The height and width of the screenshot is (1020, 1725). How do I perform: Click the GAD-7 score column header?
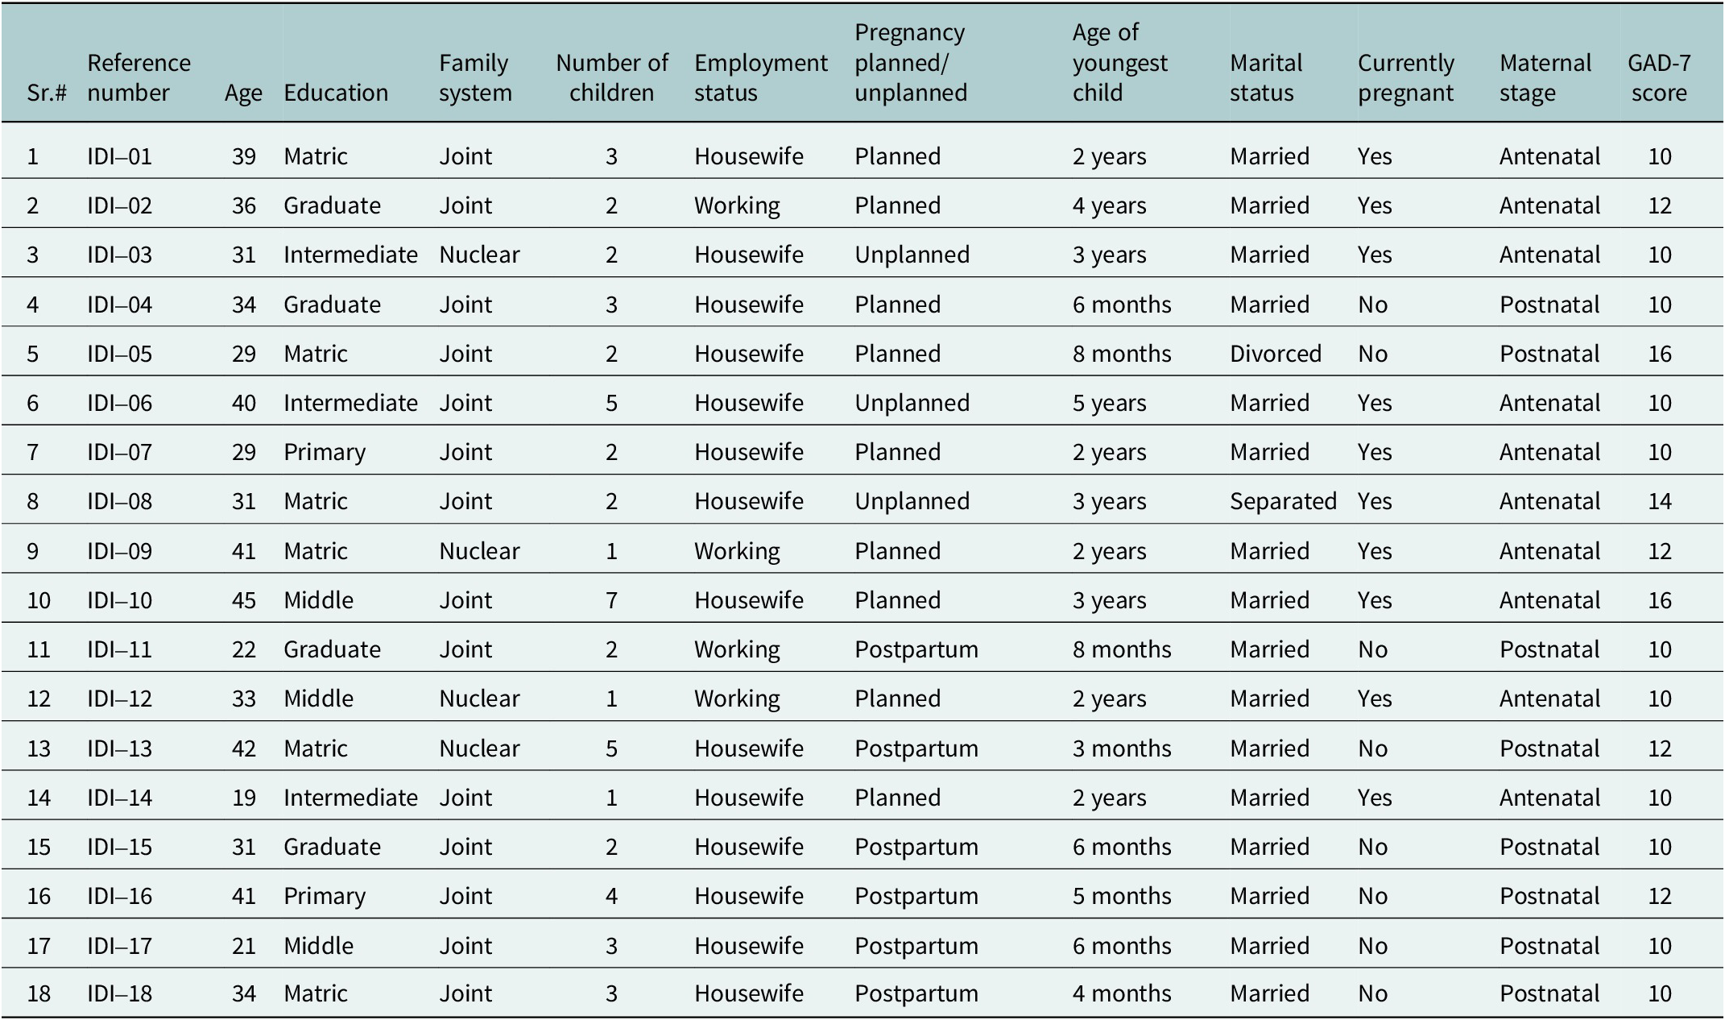(x=1659, y=77)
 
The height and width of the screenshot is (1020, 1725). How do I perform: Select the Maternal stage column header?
(x=1545, y=77)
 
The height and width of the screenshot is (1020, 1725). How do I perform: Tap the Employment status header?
(x=761, y=77)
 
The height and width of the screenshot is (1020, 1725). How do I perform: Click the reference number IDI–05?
(x=119, y=354)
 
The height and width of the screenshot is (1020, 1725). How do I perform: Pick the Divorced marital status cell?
(x=1276, y=354)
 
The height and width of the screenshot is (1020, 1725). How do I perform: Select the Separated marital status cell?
(x=1283, y=501)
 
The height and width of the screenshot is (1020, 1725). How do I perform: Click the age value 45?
(x=244, y=600)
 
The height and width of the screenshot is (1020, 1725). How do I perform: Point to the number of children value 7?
(x=611, y=600)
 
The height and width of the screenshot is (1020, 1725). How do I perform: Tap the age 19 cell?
(x=244, y=798)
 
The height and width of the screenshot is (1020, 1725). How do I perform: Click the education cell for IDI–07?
(x=325, y=452)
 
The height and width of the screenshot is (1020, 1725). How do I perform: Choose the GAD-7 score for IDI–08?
(x=1660, y=501)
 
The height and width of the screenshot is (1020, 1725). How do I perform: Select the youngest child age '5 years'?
(x=1109, y=403)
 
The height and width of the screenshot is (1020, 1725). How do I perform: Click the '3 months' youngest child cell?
(x=1122, y=748)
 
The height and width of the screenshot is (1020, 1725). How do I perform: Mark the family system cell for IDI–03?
(x=479, y=255)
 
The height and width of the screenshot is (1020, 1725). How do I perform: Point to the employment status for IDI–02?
(x=737, y=205)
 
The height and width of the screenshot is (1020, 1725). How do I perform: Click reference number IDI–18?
(x=119, y=993)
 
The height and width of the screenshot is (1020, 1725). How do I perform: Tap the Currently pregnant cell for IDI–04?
(x=1372, y=305)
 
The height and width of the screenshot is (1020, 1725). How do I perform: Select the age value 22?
(x=244, y=649)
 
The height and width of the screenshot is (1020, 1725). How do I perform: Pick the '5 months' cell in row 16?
(x=1122, y=896)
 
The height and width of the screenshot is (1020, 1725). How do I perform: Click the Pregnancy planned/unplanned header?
(x=911, y=63)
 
